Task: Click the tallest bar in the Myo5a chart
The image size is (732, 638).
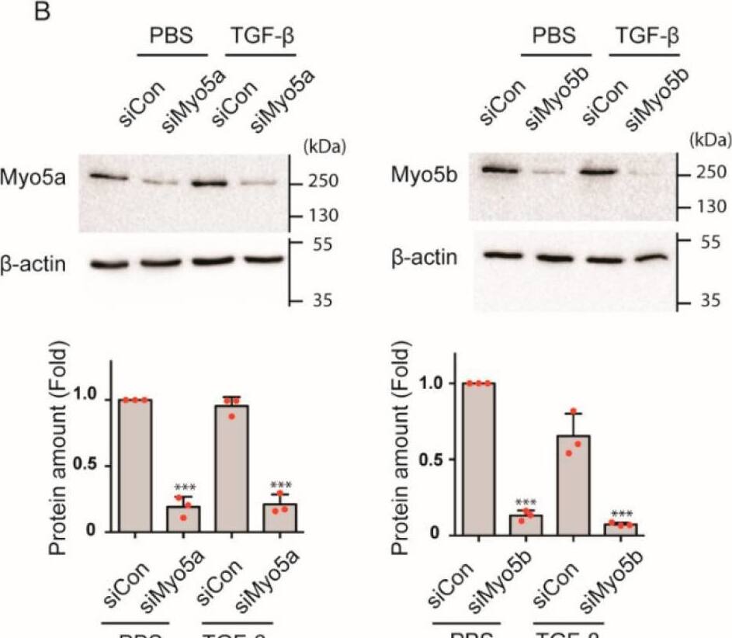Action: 135,465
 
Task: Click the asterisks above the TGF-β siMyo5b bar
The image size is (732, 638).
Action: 623,513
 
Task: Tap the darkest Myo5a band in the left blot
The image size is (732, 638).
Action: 209,184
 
